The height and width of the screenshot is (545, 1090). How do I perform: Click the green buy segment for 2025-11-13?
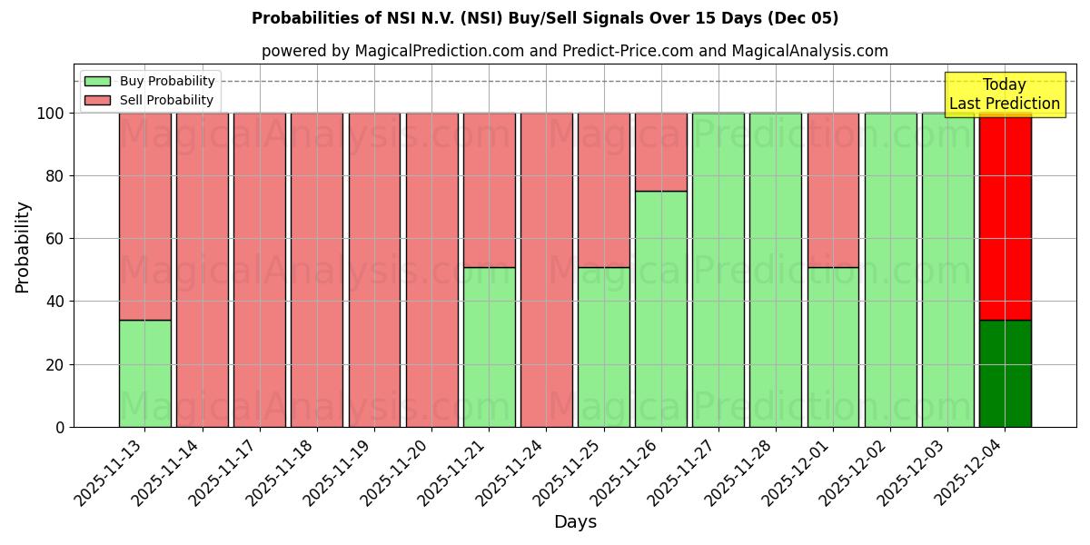point(144,373)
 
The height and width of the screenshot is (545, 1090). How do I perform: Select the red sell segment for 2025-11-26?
point(660,152)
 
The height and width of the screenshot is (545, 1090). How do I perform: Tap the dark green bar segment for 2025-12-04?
point(1005,373)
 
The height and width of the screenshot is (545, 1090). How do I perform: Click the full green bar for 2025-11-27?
point(718,270)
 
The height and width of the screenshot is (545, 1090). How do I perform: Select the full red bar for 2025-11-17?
point(259,270)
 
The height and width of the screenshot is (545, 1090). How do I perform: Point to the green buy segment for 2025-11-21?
point(489,347)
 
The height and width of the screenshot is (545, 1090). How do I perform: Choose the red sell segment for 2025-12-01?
point(833,190)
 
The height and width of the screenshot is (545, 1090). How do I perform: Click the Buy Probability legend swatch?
point(97,82)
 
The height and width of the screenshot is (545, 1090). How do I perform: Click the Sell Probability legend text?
point(166,101)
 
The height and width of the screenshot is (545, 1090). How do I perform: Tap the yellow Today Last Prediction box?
point(1004,94)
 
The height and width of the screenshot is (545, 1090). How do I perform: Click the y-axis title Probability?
point(23,246)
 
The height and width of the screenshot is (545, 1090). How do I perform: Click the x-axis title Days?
point(575,522)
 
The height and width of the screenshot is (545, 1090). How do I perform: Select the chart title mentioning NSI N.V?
point(545,18)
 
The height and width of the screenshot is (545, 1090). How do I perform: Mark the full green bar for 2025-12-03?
point(947,270)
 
